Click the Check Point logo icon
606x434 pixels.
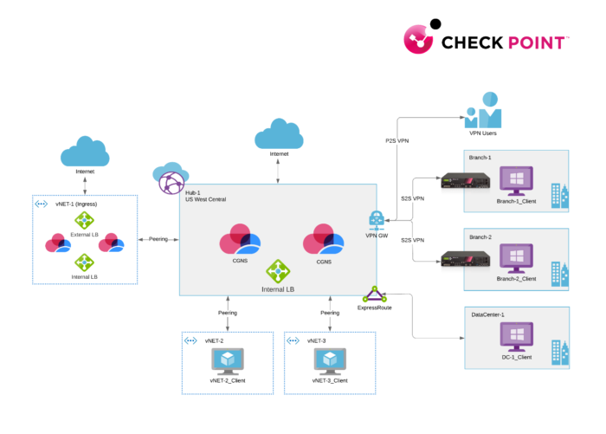click(x=423, y=40)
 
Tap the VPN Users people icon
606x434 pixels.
click(x=482, y=111)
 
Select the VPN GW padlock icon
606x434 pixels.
click(x=377, y=220)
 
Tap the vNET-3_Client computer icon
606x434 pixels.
click(x=330, y=359)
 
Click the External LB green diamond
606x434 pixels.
click(x=84, y=220)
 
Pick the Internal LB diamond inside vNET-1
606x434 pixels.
click(x=84, y=262)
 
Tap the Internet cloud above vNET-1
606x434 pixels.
click(x=84, y=152)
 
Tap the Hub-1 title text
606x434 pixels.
click(x=192, y=192)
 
